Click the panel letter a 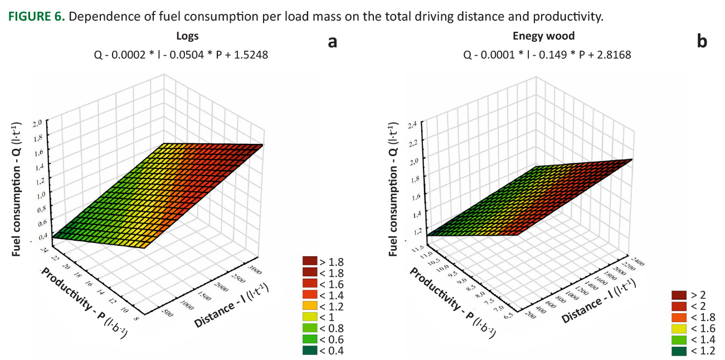pos(332,41)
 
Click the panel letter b pos(702,41)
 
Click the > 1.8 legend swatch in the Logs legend pos(309,261)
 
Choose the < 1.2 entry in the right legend pos(693,351)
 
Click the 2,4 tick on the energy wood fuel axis pos(413,124)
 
